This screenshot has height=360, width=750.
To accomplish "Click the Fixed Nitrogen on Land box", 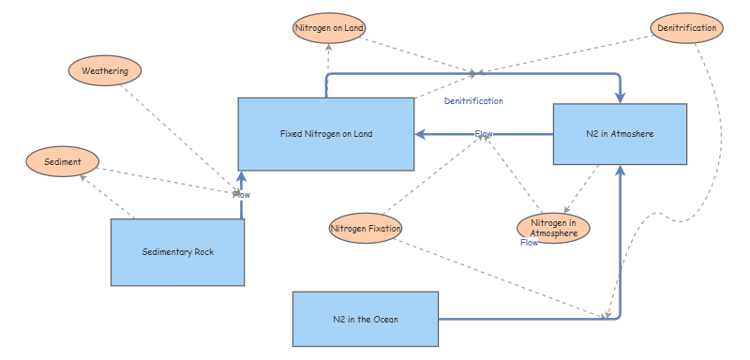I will [325, 134].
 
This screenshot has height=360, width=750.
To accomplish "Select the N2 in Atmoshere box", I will [620, 134].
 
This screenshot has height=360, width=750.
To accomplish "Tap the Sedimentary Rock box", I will [178, 252].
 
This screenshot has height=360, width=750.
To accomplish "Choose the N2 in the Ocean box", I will [366, 320].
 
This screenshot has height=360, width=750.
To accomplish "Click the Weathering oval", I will [105, 70].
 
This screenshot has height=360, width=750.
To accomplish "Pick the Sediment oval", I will [62, 162].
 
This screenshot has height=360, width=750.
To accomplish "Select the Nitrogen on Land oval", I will [329, 28].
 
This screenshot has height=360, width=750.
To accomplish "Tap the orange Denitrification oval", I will [687, 28].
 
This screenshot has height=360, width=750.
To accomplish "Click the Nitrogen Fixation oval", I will [366, 228].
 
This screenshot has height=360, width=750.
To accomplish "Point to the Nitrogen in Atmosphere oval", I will [553, 228].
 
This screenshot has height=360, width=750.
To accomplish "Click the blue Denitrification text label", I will [473, 100].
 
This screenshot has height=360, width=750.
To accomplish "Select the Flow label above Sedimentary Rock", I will [241, 195].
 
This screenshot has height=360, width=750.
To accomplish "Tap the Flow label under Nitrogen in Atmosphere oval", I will [530, 243].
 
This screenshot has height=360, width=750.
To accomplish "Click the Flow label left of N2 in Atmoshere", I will [484, 134].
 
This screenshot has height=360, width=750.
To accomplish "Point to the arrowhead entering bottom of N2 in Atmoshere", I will [620, 171].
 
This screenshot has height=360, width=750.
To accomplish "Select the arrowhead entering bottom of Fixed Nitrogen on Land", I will [241, 176].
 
